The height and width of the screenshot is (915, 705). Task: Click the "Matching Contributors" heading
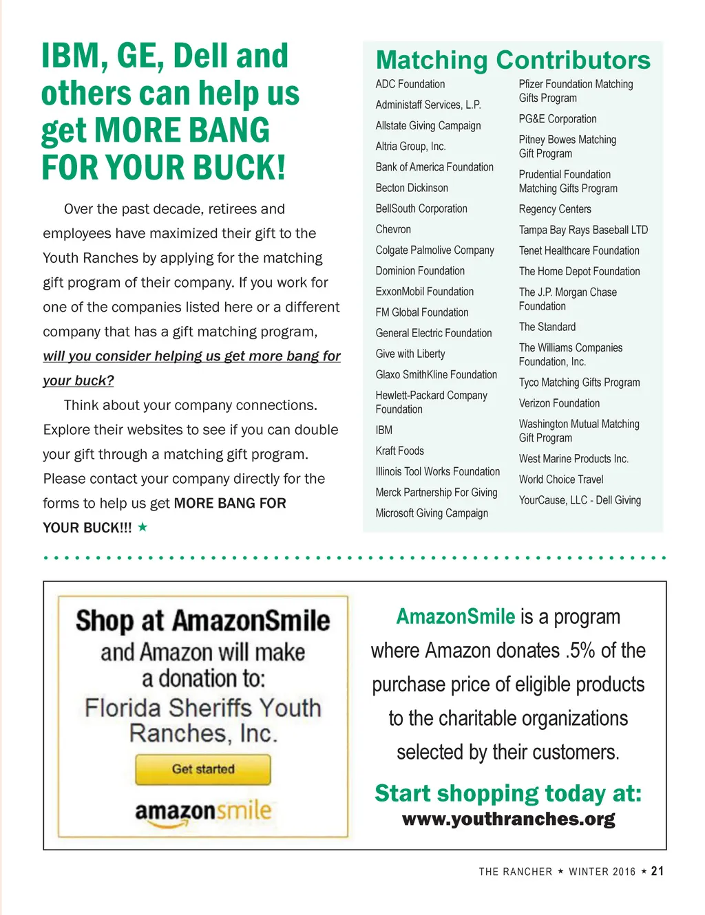(513, 61)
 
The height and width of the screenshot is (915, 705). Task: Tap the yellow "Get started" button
(203, 769)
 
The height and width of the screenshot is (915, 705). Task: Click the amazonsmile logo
(203, 812)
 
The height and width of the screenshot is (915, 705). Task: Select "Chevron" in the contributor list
(393, 230)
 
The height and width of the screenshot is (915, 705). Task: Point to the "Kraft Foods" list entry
(399, 451)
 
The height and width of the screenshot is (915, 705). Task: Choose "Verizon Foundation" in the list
(559, 404)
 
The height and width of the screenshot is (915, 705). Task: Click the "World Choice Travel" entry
(561, 480)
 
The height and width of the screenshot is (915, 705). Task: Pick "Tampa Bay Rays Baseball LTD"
(583, 230)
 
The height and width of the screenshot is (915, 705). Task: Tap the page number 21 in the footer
(657, 871)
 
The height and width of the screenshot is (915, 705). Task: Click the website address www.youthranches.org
(508, 819)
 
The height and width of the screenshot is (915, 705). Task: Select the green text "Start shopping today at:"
(508, 793)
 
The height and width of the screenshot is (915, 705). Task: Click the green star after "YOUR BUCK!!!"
(143, 528)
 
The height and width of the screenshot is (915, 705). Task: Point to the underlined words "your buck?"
(78, 381)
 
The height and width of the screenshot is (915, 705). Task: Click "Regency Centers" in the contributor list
(555, 209)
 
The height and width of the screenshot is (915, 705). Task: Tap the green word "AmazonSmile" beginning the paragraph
(455, 616)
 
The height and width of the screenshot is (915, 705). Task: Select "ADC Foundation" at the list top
(410, 85)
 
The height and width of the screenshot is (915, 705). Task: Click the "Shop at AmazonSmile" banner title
(203, 621)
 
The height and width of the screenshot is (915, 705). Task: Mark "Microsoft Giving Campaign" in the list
(432, 513)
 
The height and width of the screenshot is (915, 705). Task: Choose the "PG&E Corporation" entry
(558, 119)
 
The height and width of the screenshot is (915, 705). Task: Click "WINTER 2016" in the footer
(602, 872)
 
